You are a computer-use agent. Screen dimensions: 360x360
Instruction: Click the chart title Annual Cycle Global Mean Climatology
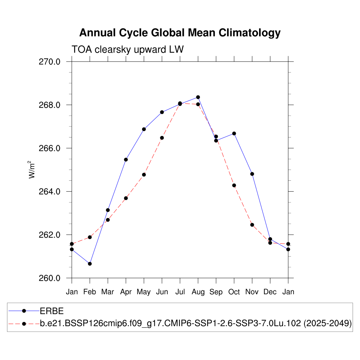click(180, 33)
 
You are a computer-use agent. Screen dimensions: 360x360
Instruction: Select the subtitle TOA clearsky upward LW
click(128, 50)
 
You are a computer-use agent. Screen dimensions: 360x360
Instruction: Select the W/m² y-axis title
click(32, 169)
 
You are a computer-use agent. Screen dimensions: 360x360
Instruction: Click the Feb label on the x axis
click(90, 292)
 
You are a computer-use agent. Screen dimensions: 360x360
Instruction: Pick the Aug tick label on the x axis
click(198, 292)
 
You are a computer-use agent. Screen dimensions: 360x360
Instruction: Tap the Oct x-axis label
click(234, 292)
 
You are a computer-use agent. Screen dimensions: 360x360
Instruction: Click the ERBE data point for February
click(90, 264)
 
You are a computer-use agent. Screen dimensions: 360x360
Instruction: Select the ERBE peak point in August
click(198, 97)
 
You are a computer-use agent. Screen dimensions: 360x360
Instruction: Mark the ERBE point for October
click(234, 134)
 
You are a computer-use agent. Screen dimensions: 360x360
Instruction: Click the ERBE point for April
click(126, 160)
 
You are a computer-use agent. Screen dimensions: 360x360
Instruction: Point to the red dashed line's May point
click(144, 175)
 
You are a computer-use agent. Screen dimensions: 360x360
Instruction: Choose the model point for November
click(252, 225)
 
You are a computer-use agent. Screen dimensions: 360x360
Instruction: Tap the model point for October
click(234, 185)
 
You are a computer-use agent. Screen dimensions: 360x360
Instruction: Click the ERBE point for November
click(252, 174)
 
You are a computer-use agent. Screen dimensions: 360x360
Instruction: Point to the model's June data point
click(162, 138)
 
